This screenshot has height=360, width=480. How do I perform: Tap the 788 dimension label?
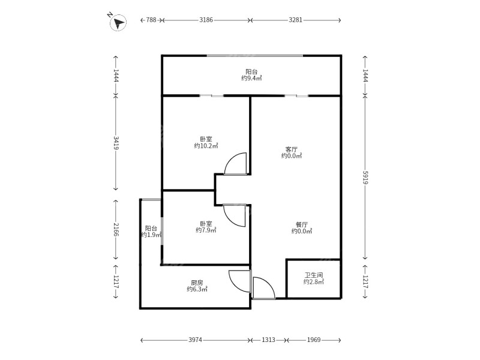pos(151,20)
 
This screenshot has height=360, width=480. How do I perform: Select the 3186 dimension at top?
pos(206,20)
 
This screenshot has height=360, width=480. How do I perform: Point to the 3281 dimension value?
pos(295,20)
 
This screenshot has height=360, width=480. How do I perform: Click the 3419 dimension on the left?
pos(116,143)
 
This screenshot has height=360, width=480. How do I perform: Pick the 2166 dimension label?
pos(116,229)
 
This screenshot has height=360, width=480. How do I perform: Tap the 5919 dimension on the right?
pos(365,178)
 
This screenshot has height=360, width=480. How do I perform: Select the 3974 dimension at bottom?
pos(196,340)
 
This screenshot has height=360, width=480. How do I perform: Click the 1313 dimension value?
pos(268,340)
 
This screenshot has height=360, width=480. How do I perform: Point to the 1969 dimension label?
pos(314,340)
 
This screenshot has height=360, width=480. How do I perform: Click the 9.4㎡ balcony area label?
pos(251,79)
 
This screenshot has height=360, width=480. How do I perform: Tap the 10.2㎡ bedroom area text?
pos(206,146)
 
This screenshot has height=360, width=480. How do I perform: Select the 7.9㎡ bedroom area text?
pos(206,230)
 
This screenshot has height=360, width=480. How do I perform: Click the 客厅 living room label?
pos(292,149)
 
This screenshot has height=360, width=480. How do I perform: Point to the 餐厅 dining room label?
pos(302,224)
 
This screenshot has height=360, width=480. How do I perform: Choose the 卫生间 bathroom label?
pos(314,275)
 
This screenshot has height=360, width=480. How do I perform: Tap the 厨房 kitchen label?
pos(197,283)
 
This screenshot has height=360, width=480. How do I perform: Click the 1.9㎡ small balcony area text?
pos(151,235)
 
